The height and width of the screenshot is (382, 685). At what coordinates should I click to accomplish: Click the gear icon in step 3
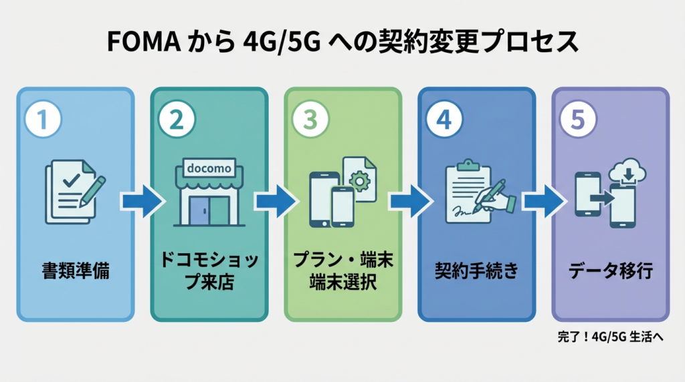click(362, 180)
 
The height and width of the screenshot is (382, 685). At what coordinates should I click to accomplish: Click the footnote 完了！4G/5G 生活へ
click(609, 337)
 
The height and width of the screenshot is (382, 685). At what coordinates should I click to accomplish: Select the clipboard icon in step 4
click(469, 190)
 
